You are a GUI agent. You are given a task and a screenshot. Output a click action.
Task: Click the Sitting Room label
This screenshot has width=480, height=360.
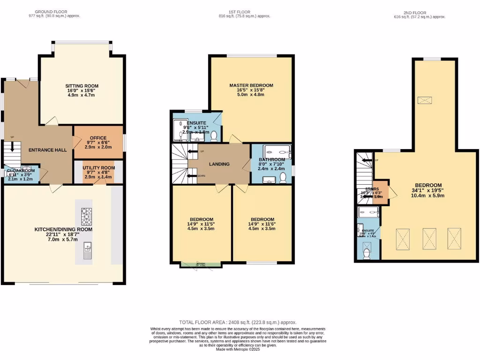tap(82, 86)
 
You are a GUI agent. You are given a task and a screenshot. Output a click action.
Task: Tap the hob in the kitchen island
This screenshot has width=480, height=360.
tap(87, 217)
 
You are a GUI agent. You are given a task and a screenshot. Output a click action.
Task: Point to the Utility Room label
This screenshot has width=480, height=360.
tap(98, 167)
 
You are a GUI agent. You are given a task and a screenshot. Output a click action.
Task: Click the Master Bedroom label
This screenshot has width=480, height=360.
tap(251, 85)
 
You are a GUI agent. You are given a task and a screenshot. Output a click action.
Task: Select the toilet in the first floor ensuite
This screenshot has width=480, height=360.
tap(214, 136)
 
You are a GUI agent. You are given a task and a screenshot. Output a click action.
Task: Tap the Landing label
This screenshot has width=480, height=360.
tap(219, 164)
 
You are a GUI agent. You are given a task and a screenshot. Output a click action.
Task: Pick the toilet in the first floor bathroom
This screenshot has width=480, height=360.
tap(283, 177)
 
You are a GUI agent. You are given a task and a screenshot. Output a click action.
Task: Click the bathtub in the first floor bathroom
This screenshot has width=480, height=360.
tap(277, 150)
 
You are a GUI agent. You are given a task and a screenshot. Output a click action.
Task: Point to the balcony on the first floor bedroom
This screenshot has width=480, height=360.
tap(201, 265)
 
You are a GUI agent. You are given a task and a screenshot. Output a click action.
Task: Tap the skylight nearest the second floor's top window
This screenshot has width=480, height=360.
tap(425, 100)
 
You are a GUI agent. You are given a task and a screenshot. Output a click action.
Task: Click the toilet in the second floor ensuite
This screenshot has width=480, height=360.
tap(367, 253)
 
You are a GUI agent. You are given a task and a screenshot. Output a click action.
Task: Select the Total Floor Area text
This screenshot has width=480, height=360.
tap(238, 322)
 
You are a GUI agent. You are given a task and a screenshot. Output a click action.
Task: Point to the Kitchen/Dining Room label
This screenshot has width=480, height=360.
tap(63, 229)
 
